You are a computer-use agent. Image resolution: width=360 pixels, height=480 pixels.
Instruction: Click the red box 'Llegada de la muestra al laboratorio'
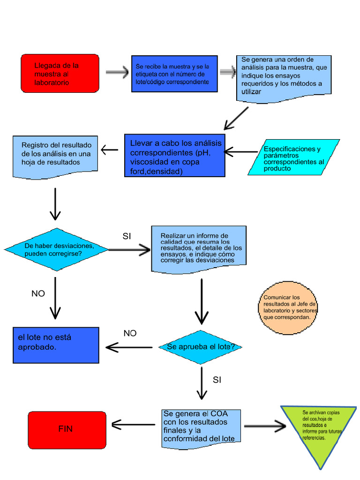tap(60, 73)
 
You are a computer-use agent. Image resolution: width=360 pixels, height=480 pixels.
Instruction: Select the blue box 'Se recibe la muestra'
tap(174, 74)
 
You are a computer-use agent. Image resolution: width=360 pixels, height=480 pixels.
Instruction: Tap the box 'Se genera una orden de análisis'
tap(284, 76)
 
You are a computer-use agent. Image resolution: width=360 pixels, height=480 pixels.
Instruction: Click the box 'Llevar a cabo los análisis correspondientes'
tap(174, 156)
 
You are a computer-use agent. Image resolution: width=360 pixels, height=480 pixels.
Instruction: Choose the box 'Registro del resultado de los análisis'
tap(56, 157)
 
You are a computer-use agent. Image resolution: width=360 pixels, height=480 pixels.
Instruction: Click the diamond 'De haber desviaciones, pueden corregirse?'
tap(56, 249)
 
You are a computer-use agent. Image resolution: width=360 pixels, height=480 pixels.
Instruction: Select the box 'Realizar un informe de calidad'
tap(199, 248)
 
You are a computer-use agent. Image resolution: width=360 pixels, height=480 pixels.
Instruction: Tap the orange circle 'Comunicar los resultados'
tap(288, 307)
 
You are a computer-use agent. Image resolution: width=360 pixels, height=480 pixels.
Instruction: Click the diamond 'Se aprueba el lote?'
tap(202, 347)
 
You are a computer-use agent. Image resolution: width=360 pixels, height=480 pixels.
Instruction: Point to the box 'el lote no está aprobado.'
tap(56, 345)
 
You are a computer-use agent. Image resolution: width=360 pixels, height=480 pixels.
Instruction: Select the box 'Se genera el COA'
tap(202, 426)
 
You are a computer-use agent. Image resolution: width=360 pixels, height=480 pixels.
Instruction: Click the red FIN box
tap(67, 429)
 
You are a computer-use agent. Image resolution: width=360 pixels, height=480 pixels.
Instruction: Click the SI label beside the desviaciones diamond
tap(127, 236)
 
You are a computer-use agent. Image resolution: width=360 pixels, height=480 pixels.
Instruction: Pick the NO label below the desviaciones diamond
tap(38, 293)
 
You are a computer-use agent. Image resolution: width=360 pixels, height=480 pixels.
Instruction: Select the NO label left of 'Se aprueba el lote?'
tap(130, 333)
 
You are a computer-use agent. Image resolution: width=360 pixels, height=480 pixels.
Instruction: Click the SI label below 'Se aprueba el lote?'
tap(217, 380)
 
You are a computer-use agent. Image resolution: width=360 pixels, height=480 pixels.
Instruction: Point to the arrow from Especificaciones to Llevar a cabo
tap(241, 152)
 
